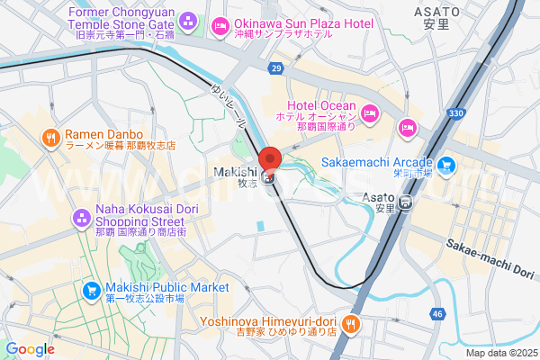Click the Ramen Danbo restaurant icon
tap(51, 138)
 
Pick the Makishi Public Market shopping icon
tap(91, 291)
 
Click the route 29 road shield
tap(275, 68)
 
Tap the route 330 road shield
tap(456, 112)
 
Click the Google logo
tap(30, 348)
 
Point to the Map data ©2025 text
tap(500, 352)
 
